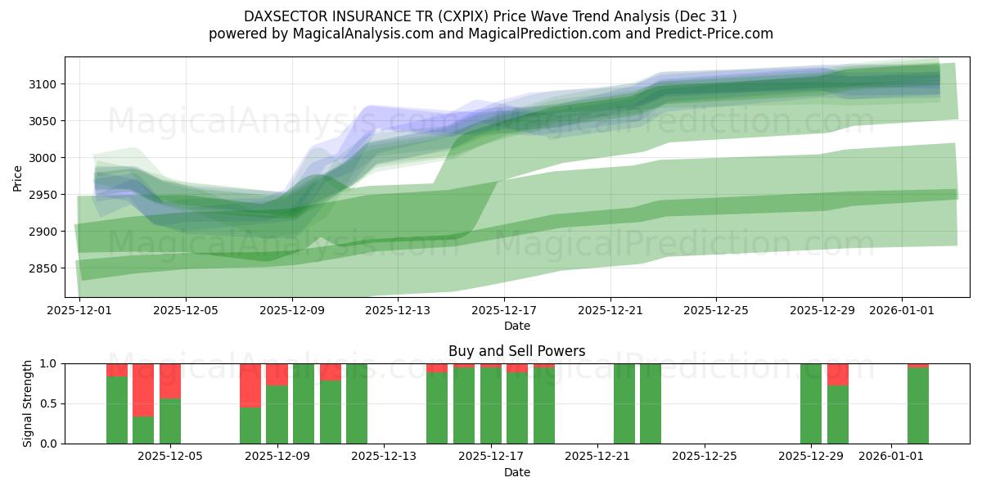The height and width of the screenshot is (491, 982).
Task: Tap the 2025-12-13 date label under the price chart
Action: point(397,310)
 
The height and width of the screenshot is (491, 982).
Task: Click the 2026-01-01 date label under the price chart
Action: point(902,310)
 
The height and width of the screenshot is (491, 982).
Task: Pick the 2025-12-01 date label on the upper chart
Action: point(79,310)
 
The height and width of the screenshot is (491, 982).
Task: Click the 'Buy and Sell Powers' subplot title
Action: point(516,351)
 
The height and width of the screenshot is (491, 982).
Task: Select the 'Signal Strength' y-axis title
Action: point(28,403)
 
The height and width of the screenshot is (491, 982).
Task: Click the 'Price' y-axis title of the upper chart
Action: point(18,177)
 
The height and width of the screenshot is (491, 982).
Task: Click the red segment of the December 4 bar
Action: point(143,390)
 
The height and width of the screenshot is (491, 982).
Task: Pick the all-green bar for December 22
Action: point(624,403)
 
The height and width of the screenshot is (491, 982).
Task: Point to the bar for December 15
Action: point(437,408)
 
